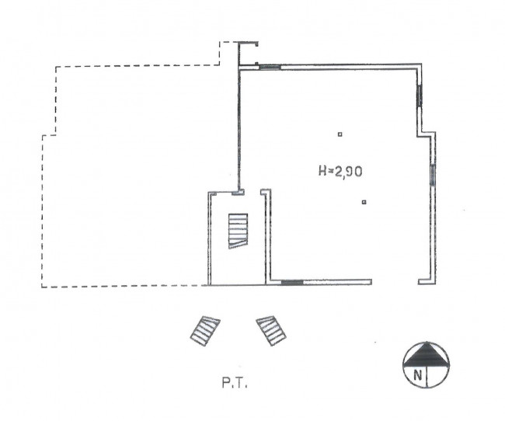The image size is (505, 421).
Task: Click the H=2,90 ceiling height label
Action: (340, 171)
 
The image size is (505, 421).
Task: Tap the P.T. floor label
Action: (235, 383)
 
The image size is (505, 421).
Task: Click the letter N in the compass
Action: (418, 376)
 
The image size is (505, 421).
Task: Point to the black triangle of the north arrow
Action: (427, 355)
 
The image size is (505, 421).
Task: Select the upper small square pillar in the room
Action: (340, 134)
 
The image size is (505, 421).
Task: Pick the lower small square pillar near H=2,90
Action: (364, 202)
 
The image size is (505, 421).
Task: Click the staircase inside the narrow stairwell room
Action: (238, 231)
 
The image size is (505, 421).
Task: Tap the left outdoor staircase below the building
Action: (205, 331)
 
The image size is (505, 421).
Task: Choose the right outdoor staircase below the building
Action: (271, 331)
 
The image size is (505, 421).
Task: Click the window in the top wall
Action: (270, 67)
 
